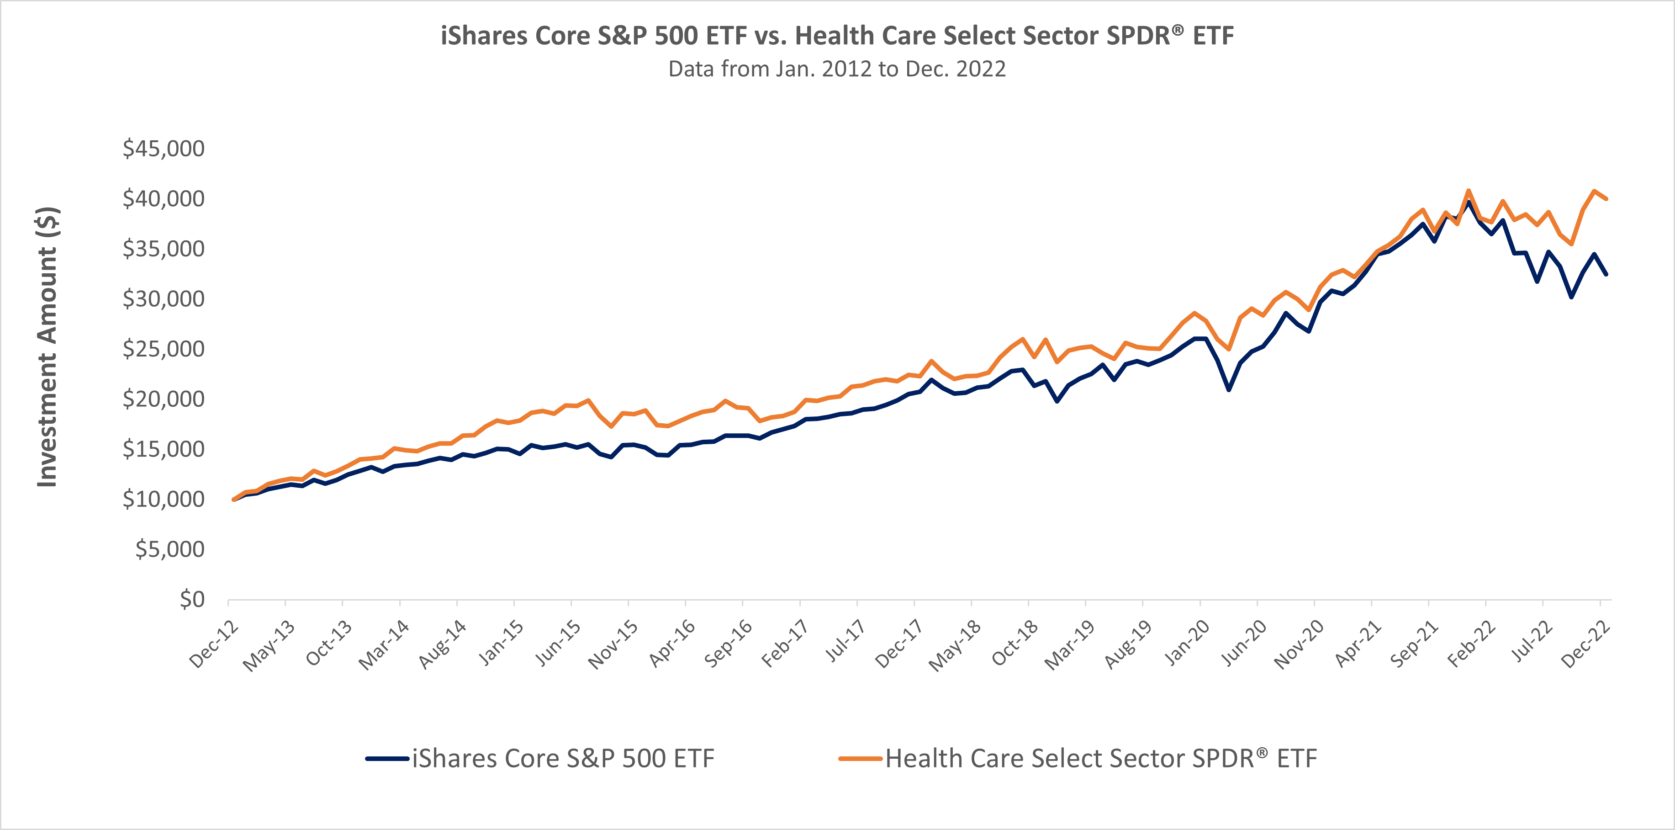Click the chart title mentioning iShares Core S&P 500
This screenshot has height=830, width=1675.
point(837,36)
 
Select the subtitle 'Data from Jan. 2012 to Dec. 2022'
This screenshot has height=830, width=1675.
point(837,69)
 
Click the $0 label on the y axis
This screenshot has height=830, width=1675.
point(192,599)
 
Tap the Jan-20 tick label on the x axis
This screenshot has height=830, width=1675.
point(1186,644)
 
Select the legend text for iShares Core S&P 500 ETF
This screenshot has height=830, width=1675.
point(563,758)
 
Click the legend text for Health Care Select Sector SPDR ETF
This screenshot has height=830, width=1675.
point(1101,758)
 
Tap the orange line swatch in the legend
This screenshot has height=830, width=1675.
point(860,758)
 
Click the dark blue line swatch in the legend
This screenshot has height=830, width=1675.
point(387,758)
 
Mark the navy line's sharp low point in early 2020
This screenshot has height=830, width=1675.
point(1228,389)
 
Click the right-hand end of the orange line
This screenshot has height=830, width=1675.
point(1606,199)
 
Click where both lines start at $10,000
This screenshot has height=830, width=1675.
point(233,500)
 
